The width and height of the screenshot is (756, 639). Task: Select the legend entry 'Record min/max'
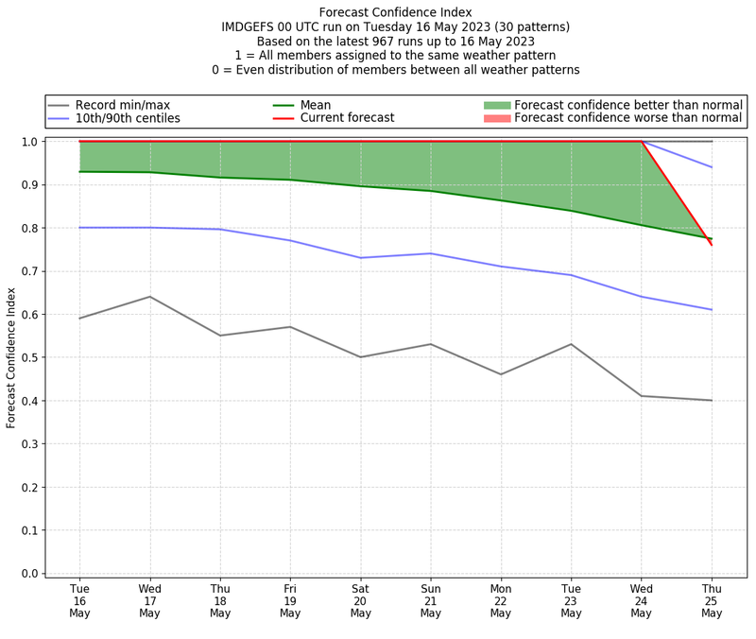point(122,105)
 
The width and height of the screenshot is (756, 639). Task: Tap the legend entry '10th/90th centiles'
point(128,118)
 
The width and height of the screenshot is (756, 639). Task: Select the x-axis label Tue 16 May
point(79,601)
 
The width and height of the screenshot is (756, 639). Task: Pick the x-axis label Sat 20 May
point(360,601)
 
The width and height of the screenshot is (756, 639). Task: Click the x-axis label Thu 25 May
point(712,601)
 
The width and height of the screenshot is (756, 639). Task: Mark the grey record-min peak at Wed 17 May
point(149,297)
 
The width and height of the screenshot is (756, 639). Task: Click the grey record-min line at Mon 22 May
point(501,374)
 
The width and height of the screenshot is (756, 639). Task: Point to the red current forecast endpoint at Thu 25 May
point(712,245)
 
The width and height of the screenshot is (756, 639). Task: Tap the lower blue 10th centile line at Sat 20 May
point(360,257)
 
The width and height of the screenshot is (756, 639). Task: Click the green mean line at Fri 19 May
point(290,180)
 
